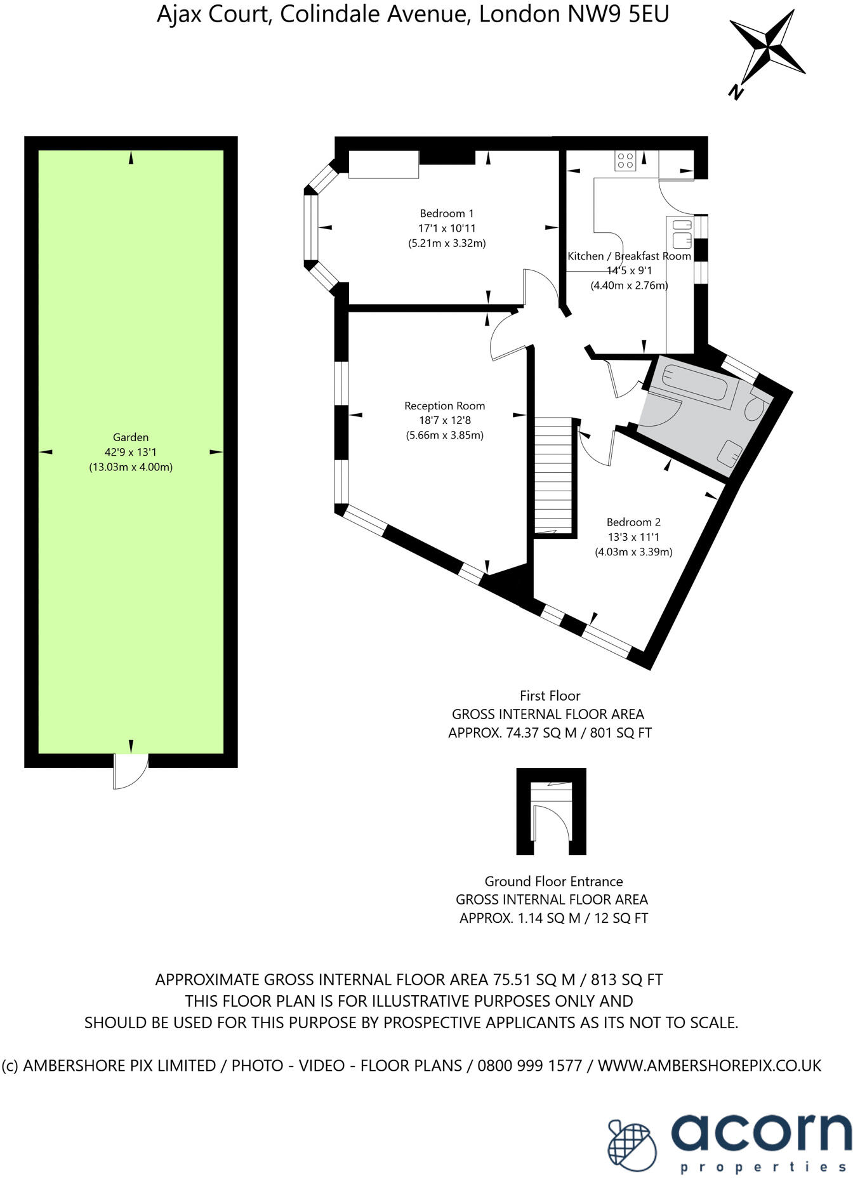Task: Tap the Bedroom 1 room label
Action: click(x=447, y=214)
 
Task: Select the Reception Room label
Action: click(x=444, y=406)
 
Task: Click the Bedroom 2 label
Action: click(x=633, y=522)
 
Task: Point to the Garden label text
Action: click(x=131, y=437)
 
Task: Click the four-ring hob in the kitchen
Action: click(x=625, y=161)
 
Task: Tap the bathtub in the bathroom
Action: click(x=697, y=384)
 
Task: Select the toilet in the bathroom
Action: click(x=757, y=408)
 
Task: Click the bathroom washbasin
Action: click(x=730, y=453)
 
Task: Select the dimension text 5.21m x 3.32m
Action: click(x=447, y=243)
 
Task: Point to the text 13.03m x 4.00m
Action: click(x=131, y=467)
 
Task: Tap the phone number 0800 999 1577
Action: click(x=529, y=1065)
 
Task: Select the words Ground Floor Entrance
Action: click(x=553, y=881)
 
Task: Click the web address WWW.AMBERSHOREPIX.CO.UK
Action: click(x=710, y=1065)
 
